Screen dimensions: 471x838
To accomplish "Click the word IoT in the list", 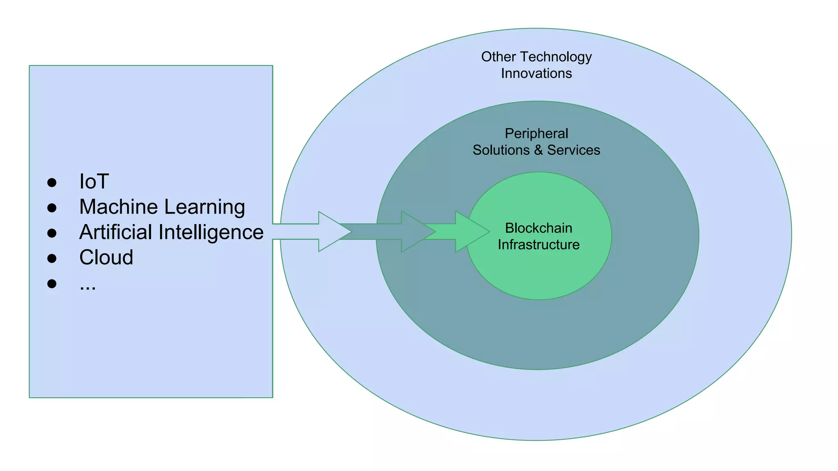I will [x=94, y=182].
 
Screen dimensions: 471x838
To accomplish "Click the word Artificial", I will [x=116, y=232].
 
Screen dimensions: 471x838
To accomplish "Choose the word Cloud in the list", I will [x=106, y=258].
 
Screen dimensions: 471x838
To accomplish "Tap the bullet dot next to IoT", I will [x=52, y=182].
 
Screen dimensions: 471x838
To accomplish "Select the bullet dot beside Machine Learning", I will [x=52, y=208].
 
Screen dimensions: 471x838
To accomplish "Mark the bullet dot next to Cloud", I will [x=52, y=258].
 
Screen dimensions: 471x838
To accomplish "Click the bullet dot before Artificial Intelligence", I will [x=52, y=233].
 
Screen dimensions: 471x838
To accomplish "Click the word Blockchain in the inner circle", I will [x=538, y=228].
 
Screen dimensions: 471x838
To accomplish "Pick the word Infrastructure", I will [x=538, y=244].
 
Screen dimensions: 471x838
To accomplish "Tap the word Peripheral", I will [x=536, y=133].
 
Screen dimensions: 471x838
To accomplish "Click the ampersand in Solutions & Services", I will [x=538, y=150].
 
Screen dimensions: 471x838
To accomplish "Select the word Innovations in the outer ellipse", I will [x=536, y=73].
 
